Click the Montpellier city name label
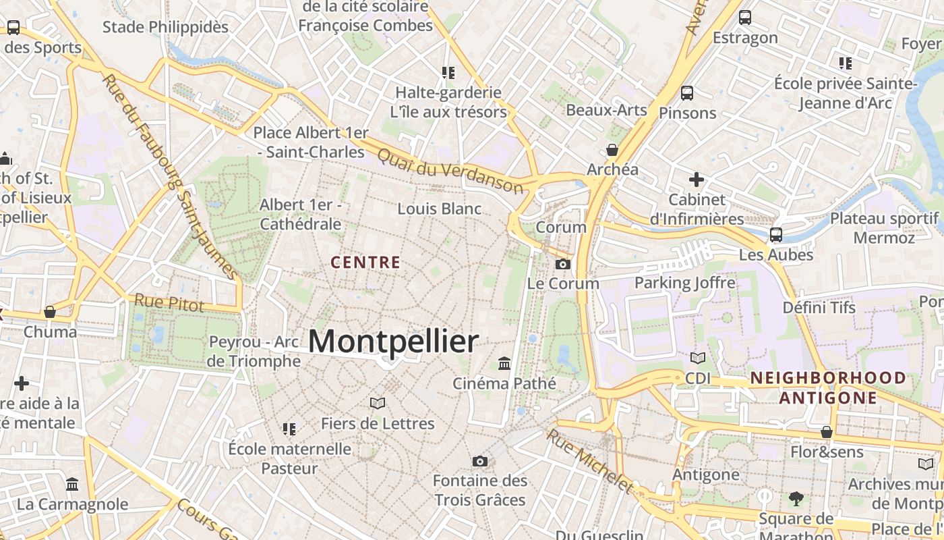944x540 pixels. [393, 341]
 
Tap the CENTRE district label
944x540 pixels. [366, 263]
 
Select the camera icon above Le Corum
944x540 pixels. [563, 264]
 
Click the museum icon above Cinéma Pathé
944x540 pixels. [504, 364]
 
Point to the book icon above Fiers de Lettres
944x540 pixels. [378, 404]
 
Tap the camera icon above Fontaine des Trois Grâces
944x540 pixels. [480, 461]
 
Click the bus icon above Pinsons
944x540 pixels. [687, 93]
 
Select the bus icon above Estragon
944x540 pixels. [745, 18]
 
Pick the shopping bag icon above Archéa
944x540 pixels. [612, 150]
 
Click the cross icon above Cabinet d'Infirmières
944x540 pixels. [697, 180]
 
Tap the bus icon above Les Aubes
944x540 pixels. [776, 235]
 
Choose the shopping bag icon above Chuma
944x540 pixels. [50, 312]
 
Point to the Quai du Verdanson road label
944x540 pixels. [450, 171]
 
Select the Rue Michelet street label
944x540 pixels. [590, 460]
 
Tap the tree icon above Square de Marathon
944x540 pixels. [796, 499]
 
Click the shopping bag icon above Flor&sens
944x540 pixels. [827, 432]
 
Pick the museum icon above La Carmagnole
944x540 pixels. [72, 484]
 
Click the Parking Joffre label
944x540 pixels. [684, 282]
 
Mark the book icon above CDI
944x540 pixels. [698, 358]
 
